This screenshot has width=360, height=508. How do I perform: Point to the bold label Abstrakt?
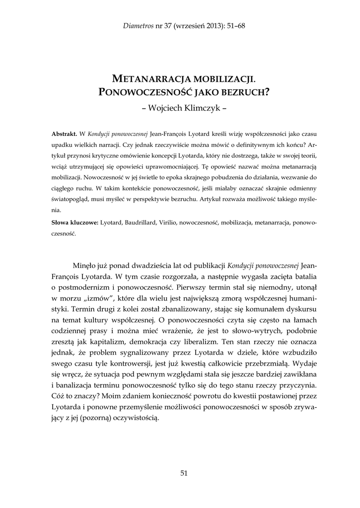point(64,134)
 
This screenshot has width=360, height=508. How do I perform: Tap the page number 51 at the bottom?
point(184,473)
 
